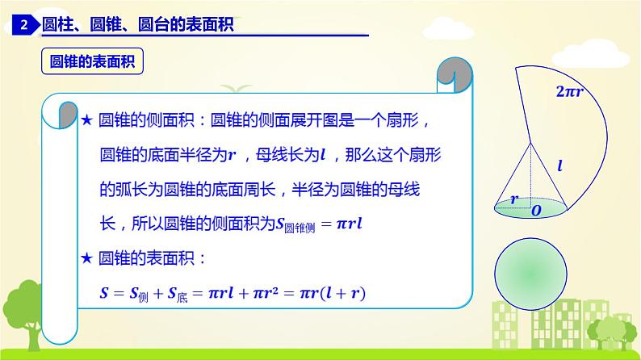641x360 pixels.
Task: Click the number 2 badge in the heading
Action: click(x=23, y=26)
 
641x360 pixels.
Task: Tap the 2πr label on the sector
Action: click(x=569, y=92)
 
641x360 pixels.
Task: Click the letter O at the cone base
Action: click(x=536, y=211)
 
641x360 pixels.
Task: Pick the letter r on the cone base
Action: click(x=513, y=198)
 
